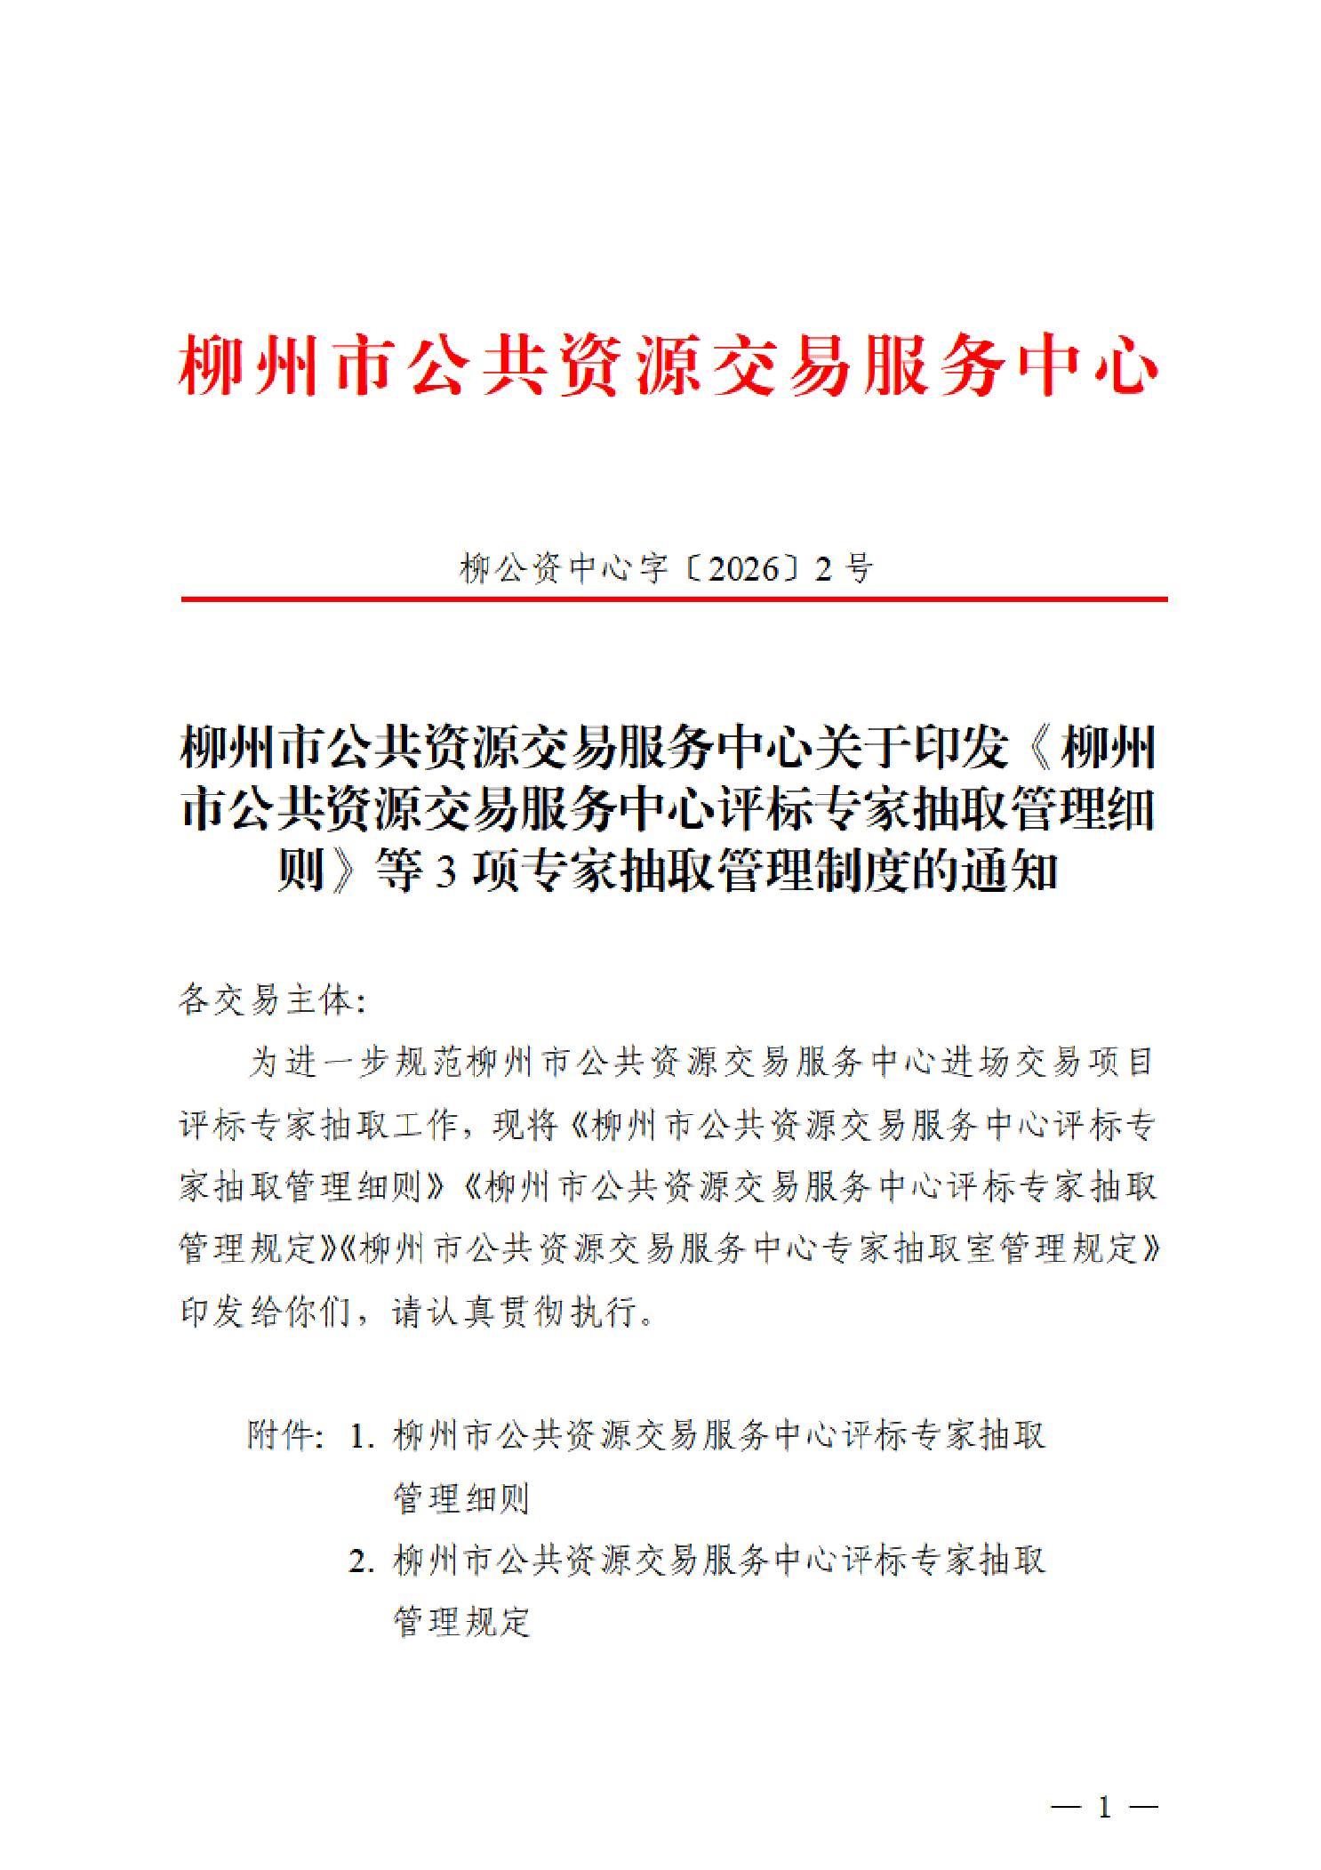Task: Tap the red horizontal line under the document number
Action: click(x=673, y=599)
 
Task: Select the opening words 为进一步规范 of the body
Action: click(x=354, y=1063)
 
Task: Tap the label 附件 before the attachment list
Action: click(x=283, y=1435)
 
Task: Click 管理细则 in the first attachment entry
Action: click(x=461, y=1499)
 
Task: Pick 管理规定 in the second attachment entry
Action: click(x=461, y=1623)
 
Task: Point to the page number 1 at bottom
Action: click(x=1105, y=1808)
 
